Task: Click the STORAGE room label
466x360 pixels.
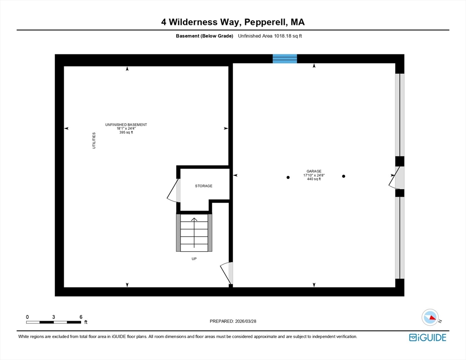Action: [x=203, y=186]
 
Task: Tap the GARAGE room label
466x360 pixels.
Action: [x=314, y=171]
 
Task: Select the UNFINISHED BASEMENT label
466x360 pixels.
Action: [x=126, y=125]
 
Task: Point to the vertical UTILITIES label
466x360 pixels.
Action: [x=94, y=141]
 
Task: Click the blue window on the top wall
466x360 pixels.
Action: [x=285, y=59]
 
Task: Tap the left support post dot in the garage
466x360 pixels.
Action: [x=288, y=178]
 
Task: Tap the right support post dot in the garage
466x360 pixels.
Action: [x=344, y=176]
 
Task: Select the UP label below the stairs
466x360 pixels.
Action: [x=194, y=259]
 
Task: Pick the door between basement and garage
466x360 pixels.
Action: [x=226, y=273]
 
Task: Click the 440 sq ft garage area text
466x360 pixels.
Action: [x=314, y=179]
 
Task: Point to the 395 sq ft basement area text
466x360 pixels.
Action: [x=126, y=132]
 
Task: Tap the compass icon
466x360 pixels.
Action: [x=430, y=317]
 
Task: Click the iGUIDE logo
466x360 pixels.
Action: [x=428, y=337]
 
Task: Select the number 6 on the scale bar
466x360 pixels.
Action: [x=81, y=317]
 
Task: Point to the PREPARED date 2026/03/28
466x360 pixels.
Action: [x=246, y=322]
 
